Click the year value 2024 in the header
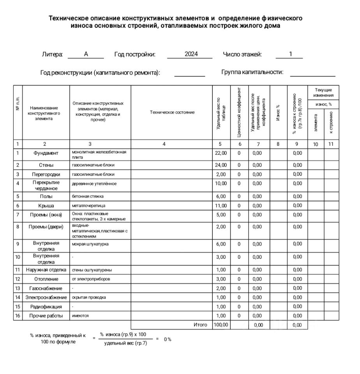click(x=191, y=54)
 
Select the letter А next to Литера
click(x=86, y=54)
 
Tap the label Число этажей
click(x=242, y=54)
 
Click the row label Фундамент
click(x=46, y=153)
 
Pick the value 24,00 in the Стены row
click(x=221, y=165)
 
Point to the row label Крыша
click(x=46, y=205)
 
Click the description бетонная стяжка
click(x=88, y=196)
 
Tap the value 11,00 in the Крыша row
click(x=221, y=205)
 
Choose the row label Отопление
click(x=46, y=279)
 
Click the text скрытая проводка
click(x=89, y=297)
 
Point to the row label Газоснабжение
click(x=46, y=288)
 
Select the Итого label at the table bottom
click(x=200, y=325)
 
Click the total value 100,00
click(x=221, y=325)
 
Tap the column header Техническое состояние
click(x=172, y=112)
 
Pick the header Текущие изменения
click(x=323, y=93)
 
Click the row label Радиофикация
click(x=46, y=307)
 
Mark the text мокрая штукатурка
click(x=90, y=244)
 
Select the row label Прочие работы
click(x=46, y=316)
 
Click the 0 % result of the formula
click(x=168, y=339)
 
